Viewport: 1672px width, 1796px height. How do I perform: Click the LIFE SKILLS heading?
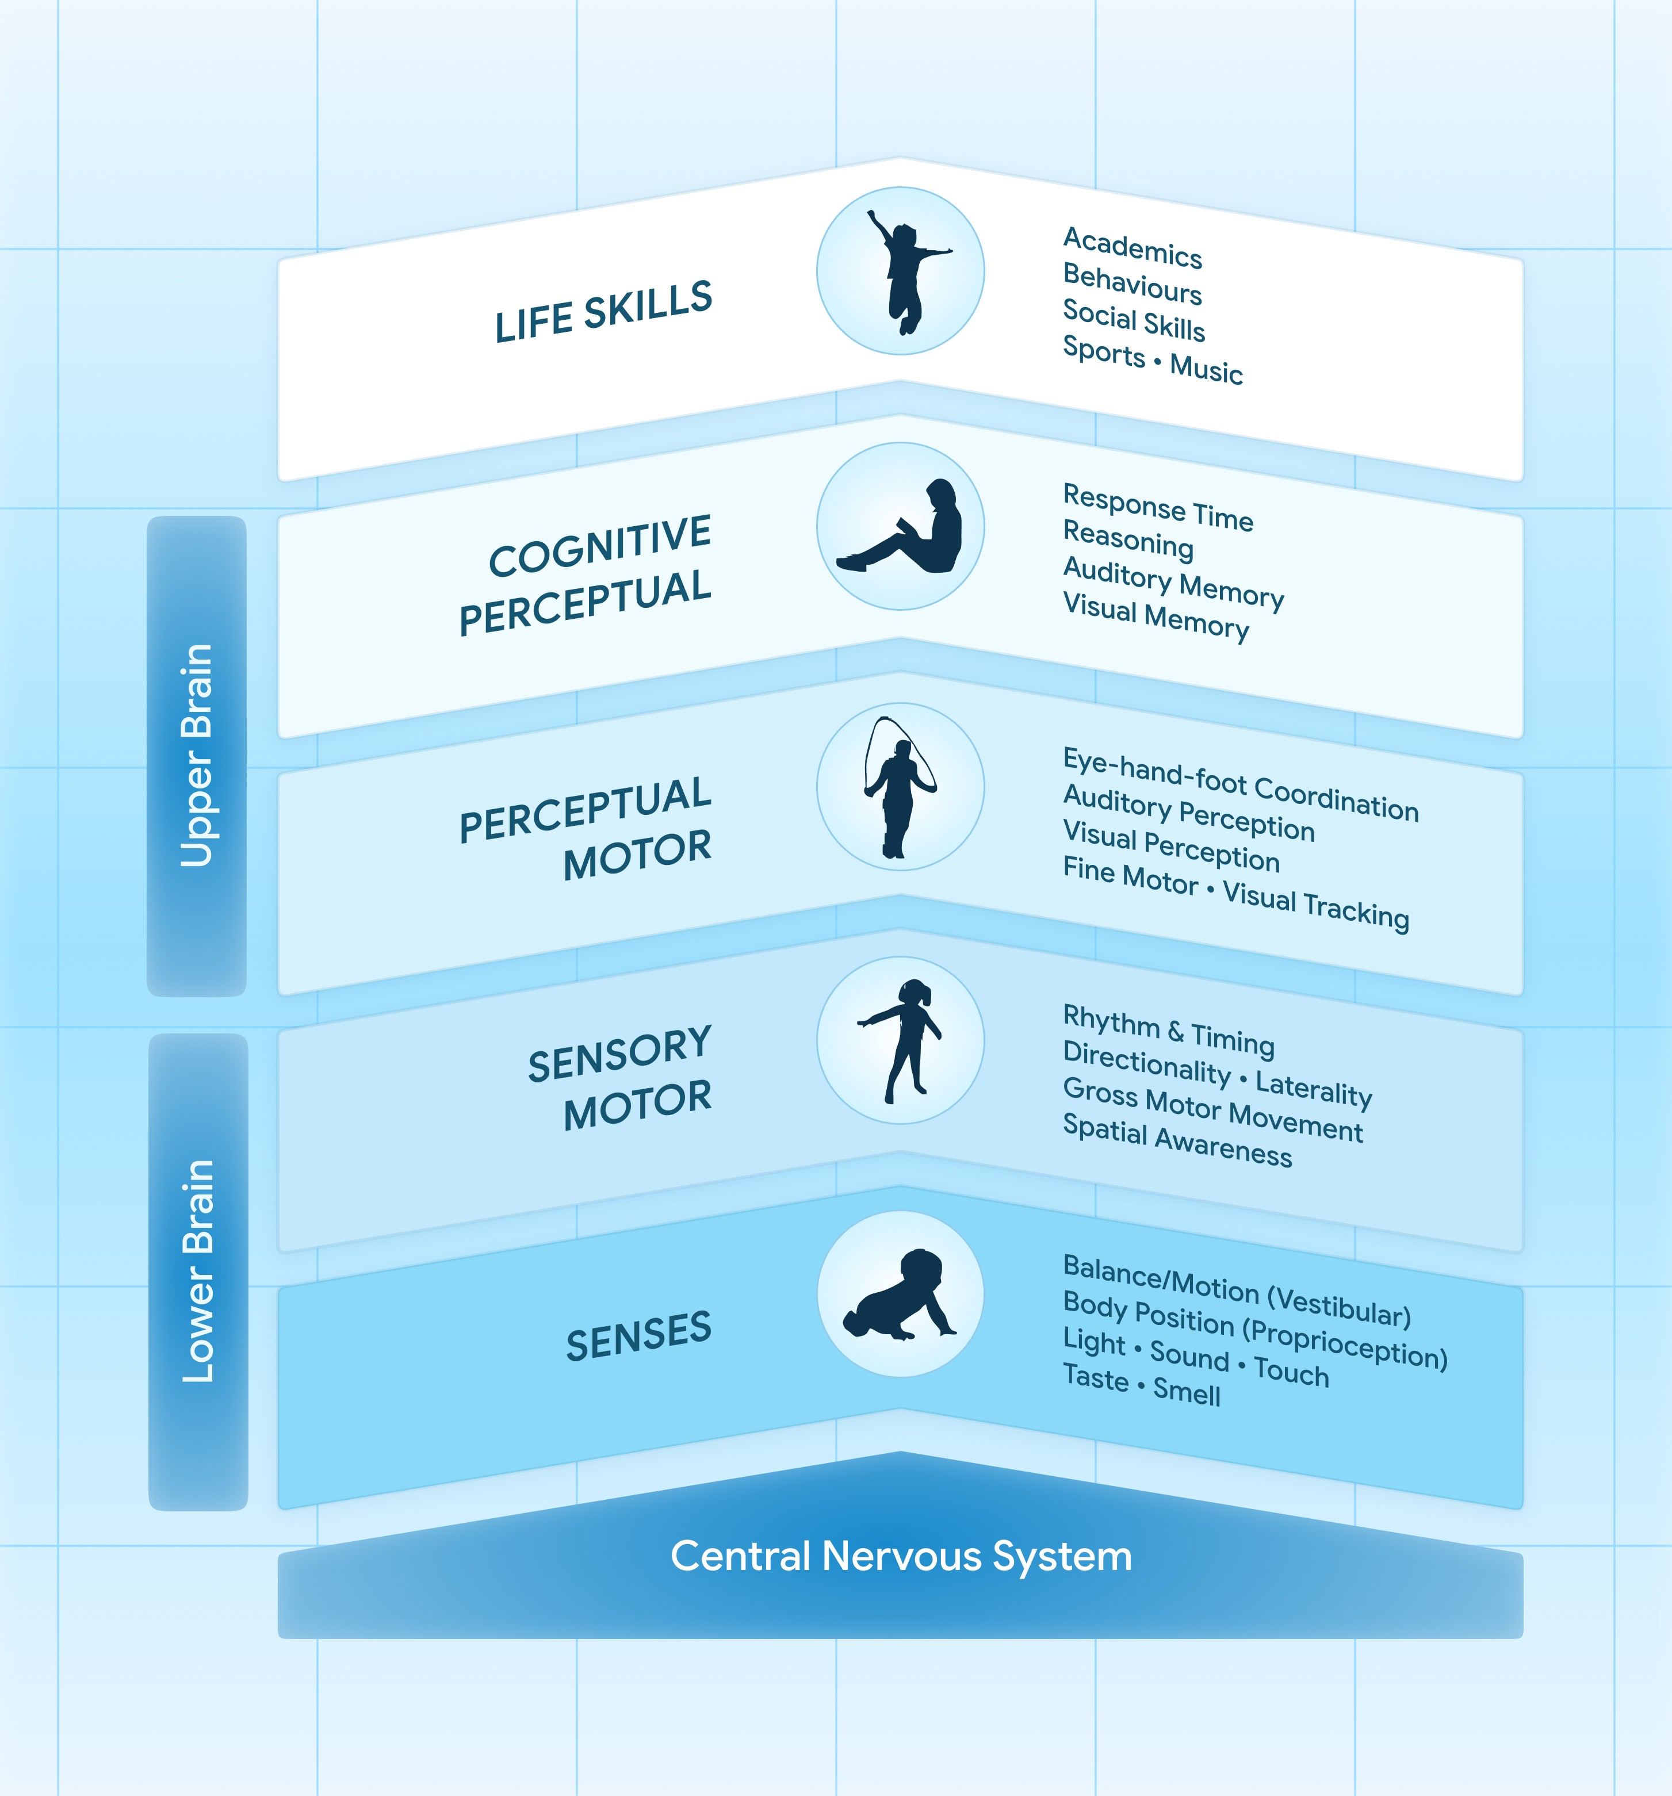point(603,312)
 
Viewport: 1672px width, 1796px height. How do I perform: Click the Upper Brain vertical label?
point(197,756)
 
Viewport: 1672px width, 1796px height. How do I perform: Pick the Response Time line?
point(1158,507)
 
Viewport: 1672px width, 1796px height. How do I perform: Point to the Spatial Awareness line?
point(1177,1140)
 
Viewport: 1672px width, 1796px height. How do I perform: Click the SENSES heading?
point(638,1335)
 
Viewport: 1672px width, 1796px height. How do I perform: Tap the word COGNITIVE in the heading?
point(600,546)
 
